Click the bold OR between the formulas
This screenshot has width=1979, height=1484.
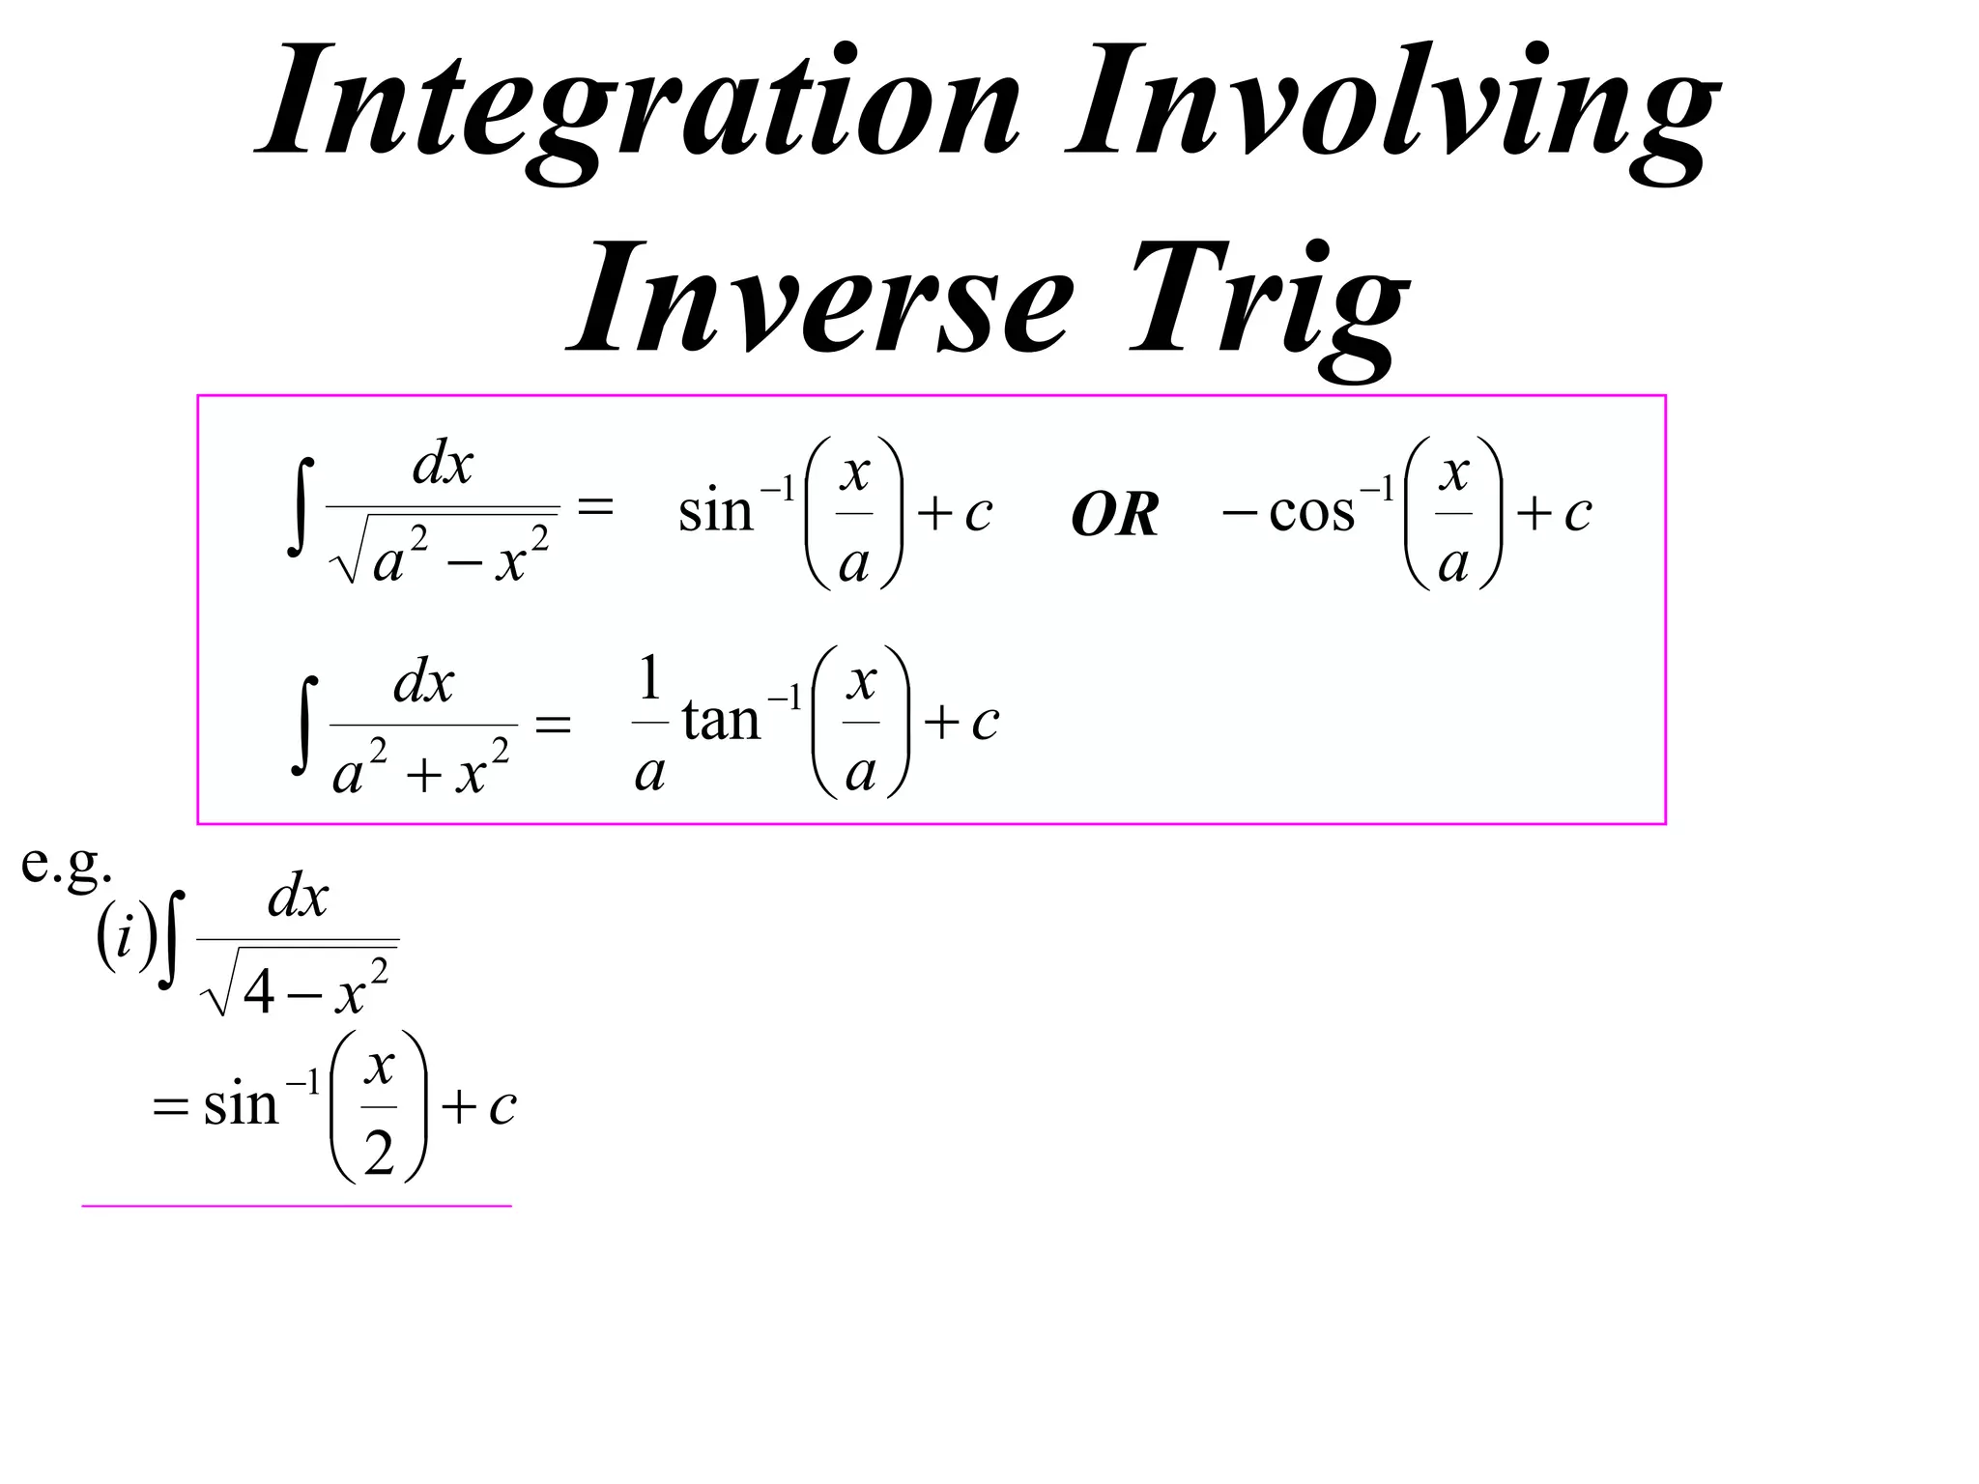point(1114,514)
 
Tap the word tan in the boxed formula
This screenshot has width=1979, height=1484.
point(721,720)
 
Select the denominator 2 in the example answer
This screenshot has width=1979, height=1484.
point(379,1153)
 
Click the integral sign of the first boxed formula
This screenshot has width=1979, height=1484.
point(302,508)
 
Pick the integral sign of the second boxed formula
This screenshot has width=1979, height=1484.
point(305,725)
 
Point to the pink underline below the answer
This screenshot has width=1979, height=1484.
point(296,1206)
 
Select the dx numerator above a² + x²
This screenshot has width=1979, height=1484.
point(424,682)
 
